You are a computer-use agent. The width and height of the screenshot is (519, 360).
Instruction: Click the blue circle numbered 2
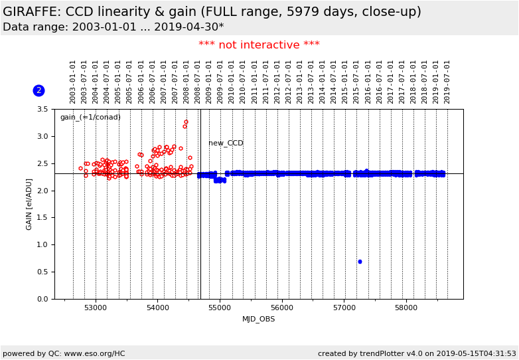(38, 90)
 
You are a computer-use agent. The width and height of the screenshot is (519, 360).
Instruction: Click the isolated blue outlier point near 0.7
(360, 262)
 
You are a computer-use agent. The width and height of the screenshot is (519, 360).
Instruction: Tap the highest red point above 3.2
(186, 122)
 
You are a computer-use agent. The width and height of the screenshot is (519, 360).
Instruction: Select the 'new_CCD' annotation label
(226, 143)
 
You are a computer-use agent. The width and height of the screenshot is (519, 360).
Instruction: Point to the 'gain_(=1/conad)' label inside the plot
(90, 118)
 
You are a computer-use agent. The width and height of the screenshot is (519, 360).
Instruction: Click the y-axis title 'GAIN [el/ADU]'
(29, 204)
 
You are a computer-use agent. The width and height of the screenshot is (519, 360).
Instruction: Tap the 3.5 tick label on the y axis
(42, 110)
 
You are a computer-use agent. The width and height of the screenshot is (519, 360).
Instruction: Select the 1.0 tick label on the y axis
(42, 245)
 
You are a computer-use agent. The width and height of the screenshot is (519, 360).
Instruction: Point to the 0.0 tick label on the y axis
(42, 299)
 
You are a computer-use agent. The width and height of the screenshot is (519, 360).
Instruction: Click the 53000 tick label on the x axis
(95, 308)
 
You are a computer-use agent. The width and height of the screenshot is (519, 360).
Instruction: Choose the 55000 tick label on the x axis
(220, 308)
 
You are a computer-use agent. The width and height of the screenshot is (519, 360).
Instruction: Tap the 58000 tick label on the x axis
(406, 308)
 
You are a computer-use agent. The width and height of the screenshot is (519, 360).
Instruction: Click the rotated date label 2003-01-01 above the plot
(73, 81)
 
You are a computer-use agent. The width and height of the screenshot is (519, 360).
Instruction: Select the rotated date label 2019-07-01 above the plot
(447, 81)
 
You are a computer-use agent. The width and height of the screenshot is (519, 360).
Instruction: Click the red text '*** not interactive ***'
(259, 45)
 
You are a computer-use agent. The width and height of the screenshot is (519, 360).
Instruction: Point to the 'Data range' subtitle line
(113, 27)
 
